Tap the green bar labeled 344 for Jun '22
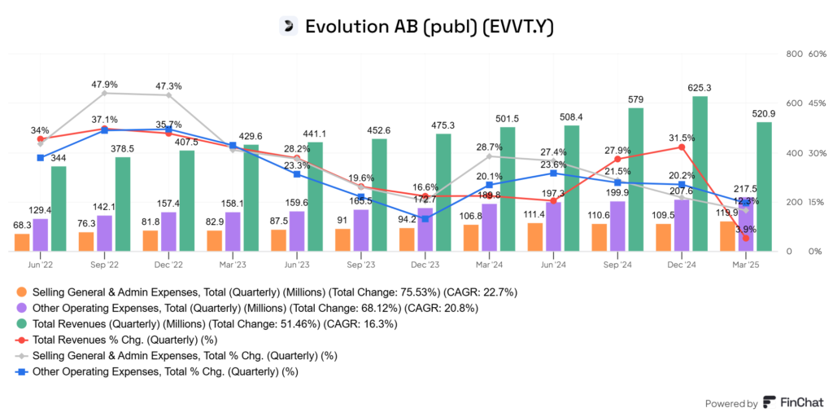[x=59, y=208]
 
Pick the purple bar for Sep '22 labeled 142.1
[x=104, y=233]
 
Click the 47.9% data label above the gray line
[x=105, y=84]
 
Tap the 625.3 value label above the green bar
[x=700, y=87]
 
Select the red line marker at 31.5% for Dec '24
[x=680, y=147]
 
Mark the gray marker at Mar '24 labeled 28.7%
[x=489, y=156]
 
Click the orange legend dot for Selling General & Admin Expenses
[x=21, y=292]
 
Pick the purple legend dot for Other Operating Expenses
[x=21, y=308]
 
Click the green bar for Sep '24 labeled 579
[x=636, y=179]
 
